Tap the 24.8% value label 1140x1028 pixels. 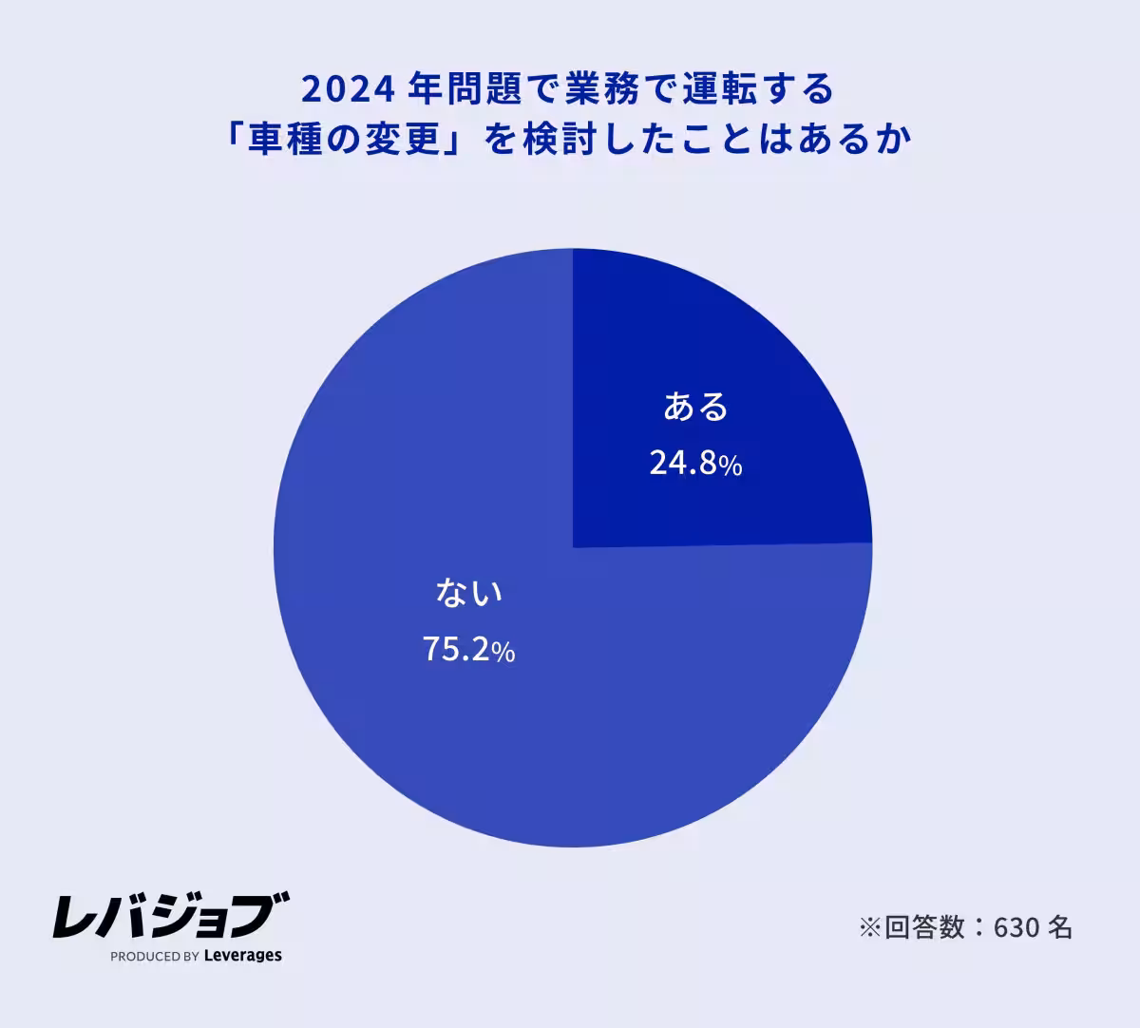[695, 464]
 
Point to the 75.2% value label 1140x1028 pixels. [468, 650]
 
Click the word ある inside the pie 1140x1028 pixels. [695, 407]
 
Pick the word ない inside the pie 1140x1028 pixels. [468, 593]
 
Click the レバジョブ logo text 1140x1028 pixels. [170, 916]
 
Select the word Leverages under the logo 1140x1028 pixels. [243, 956]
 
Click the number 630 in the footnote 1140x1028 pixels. [1017, 927]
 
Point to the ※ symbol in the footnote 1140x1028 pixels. [870, 927]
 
